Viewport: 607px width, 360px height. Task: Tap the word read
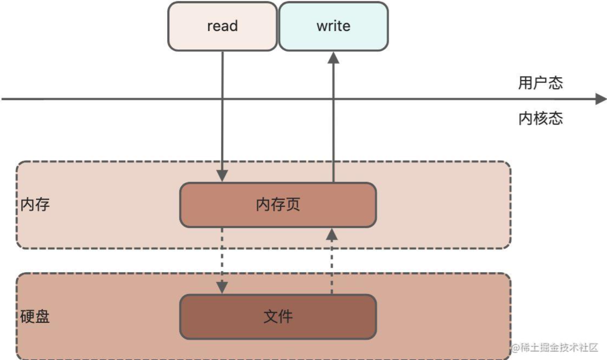point(222,26)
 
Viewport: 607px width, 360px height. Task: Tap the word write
point(333,26)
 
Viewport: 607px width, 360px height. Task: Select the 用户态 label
point(540,83)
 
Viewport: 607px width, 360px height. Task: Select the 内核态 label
point(540,118)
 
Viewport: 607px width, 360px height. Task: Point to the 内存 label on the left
point(35,204)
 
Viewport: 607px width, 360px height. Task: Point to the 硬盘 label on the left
point(35,316)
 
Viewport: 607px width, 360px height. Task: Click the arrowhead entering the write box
point(333,58)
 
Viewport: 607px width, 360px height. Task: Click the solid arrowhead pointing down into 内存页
point(222,176)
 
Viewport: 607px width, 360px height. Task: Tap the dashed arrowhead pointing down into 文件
point(222,288)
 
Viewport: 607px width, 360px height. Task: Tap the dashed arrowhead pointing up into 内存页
point(332,234)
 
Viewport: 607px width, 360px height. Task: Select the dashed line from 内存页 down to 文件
point(222,254)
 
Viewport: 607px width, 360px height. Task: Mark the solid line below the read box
point(222,116)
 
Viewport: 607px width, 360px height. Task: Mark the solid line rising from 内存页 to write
point(333,127)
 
